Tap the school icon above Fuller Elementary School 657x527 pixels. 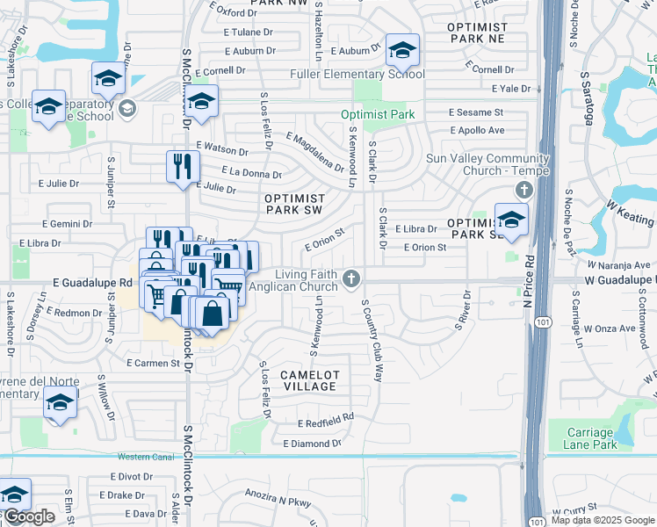coord(402,50)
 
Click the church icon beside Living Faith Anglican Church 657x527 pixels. coord(351,279)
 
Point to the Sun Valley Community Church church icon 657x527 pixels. coord(523,191)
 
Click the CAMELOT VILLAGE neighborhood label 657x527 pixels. coord(308,380)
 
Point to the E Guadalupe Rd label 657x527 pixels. coord(92,283)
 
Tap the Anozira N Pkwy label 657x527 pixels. coord(278,499)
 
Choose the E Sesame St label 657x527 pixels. coord(476,112)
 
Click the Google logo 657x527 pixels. coord(28,516)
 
